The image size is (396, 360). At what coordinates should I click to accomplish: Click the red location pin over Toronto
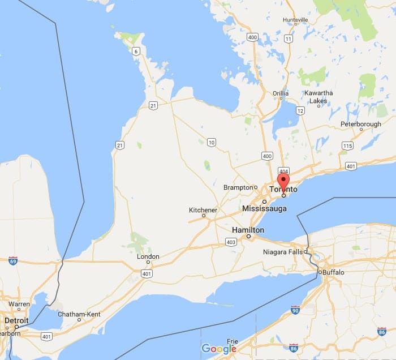[283, 183]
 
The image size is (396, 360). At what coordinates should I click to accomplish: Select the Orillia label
[281, 93]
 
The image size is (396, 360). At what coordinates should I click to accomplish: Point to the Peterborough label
[360, 123]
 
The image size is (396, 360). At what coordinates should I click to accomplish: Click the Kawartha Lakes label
[318, 97]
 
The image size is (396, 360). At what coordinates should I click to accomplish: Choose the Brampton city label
[237, 187]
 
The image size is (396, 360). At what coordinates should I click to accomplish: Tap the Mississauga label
[264, 209]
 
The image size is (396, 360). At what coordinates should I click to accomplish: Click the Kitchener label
[203, 210]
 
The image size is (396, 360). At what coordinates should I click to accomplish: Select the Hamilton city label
[248, 230]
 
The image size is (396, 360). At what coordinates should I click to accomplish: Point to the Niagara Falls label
[284, 252]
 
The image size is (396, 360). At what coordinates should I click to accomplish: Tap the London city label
[148, 256]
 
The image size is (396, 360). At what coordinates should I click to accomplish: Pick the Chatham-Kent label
[79, 314]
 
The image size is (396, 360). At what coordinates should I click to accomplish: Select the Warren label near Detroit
[18, 304]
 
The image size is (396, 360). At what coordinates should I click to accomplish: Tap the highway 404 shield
[283, 170]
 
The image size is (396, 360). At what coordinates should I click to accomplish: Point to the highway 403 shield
[231, 242]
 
